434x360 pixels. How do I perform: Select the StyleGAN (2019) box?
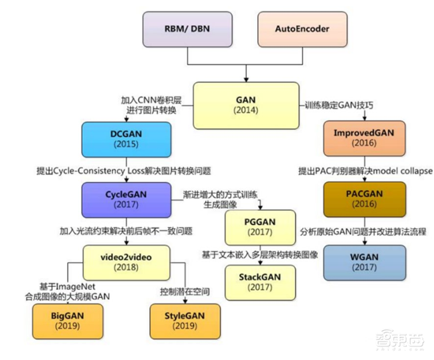click(185, 319)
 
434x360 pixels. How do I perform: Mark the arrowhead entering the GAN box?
click(246, 79)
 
